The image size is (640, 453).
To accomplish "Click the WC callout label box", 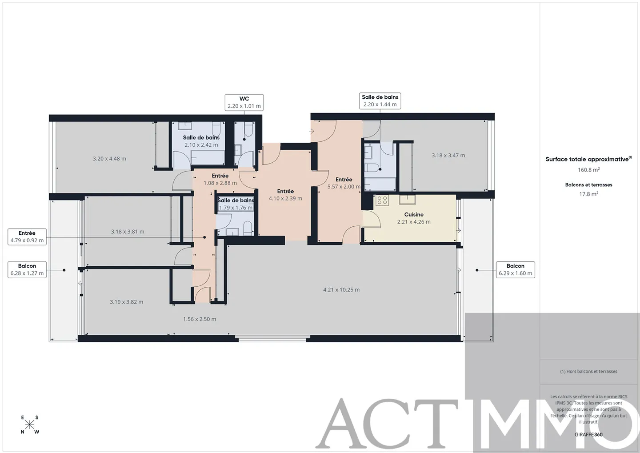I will pyautogui.click(x=244, y=102).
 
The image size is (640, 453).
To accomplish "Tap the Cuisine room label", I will pyautogui.click(x=414, y=215).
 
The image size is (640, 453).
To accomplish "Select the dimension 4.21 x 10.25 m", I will pyautogui.click(x=341, y=290).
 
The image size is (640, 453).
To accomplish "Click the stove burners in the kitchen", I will pyautogui.click(x=382, y=200).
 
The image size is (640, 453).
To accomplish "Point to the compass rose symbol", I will pyautogui.click(x=29, y=425).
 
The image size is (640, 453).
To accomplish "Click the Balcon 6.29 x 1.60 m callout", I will pyautogui.click(x=515, y=269).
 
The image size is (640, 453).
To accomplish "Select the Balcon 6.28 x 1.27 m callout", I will pyautogui.click(x=27, y=269).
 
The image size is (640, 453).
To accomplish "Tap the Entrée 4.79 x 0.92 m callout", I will pyautogui.click(x=27, y=237).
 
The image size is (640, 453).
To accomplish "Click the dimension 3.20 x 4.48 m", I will pyautogui.click(x=109, y=159).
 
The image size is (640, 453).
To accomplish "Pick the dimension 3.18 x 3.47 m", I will pyautogui.click(x=448, y=156).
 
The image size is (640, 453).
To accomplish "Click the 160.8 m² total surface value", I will pyautogui.click(x=588, y=170).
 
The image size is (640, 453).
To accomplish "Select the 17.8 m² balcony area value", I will pyautogui.click(x=588, y=194).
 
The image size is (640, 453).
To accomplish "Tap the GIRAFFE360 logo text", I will pyautogui.click(x=588, y=434).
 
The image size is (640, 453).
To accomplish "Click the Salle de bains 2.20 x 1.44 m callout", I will pyautogui.click(x=380, y=101).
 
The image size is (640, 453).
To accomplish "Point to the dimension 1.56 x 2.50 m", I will pyautogui.click(x=200, y=319).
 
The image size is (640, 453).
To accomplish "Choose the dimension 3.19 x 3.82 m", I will pyautogui.click(x=127, y=302).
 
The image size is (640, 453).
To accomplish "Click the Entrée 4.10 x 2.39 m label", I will pyautogui.click(x=285, y=195).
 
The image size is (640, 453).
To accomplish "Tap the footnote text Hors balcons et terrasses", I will pyautogui.click(x=588, y=371).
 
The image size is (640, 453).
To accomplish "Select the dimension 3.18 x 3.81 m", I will pyautogui.click(x=128, y=232).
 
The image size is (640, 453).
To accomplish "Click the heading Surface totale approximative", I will pyautogui.click(x=588, y=159).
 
